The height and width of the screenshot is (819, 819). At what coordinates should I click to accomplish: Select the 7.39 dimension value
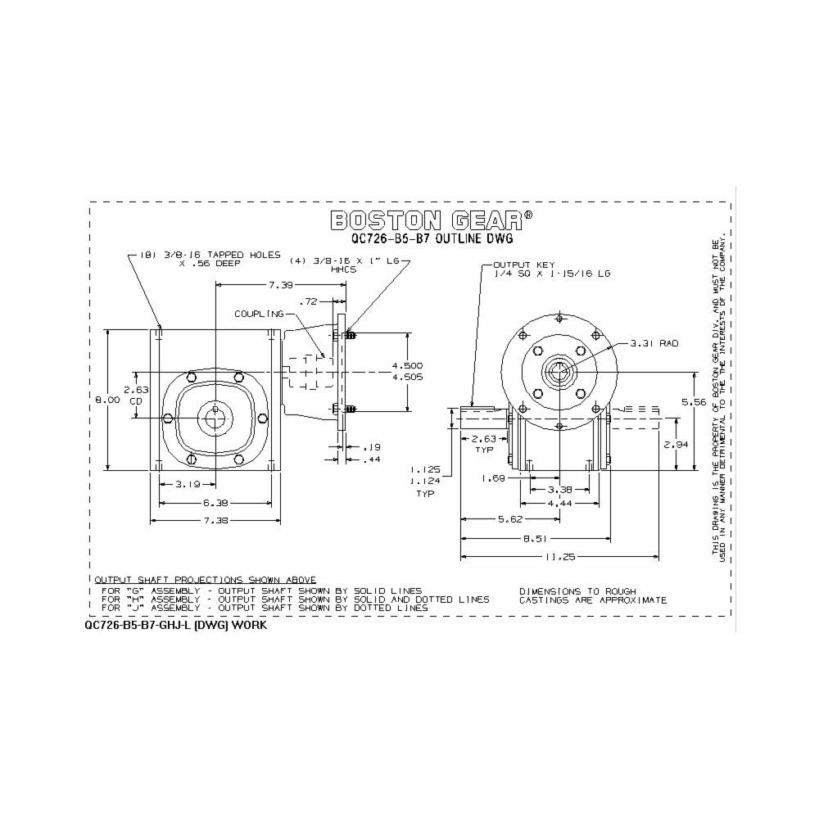click(281, 284)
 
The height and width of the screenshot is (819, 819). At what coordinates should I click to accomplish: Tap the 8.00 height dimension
click(108, 400)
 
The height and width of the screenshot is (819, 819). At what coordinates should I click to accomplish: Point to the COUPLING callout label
click(259, 314)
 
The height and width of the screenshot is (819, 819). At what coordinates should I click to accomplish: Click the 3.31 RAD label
click(657, 344)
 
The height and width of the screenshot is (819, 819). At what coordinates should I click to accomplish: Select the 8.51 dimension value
click(536, 539)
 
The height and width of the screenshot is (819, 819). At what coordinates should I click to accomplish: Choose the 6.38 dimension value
click(215, 503)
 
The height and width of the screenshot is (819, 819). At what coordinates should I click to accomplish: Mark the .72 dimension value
click(309, 301)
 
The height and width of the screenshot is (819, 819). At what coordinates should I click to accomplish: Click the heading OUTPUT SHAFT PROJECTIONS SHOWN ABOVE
click(205, 579)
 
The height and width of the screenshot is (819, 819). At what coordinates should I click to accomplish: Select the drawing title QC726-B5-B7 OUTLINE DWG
click(432, 239)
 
